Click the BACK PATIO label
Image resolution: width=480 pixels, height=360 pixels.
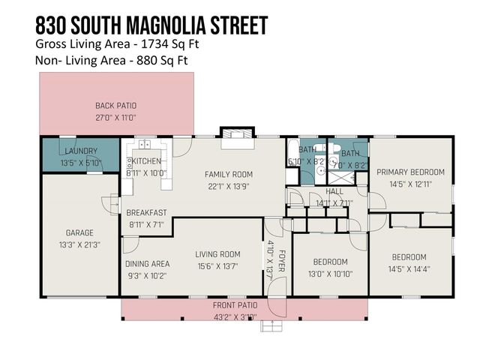click(x=115, y=106)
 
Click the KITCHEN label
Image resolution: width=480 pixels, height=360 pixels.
click(x=148, y=161)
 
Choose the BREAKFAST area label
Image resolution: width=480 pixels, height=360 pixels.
click(x=146, y=212)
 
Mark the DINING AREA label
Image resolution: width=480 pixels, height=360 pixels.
click(x=147, y=264)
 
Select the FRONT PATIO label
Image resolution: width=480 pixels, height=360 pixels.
click(x=235, y=305)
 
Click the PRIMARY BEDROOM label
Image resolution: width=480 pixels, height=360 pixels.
click(x=410, y=172)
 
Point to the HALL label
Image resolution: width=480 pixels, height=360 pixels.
click(x=334, y=191)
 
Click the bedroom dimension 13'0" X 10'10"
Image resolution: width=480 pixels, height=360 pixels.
click(x=330, y=272)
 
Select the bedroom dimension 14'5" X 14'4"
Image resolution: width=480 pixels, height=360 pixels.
click(x=409, y=268)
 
